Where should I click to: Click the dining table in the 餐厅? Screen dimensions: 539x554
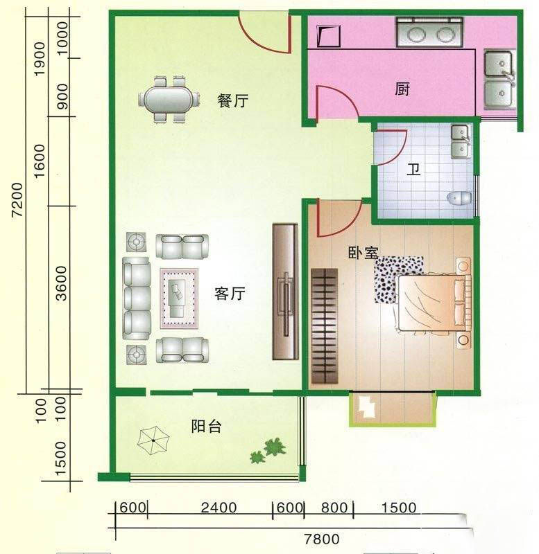pyautogui.click(x=169, y=100)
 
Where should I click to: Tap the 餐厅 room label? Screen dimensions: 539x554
pyautogui.click(x=232, y=100)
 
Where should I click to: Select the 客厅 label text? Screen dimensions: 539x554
pyautogui.click(x=230, y=293)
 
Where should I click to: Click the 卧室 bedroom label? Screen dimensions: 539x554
pyautogui.click(x=363, y=252)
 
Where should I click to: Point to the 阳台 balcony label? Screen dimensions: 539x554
pyautogui.click(x=206, y=426)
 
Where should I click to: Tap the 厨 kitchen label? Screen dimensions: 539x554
pyautogui.click(x=402, y=89)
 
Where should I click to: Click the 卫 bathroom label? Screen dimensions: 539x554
pyautogui.click(x=413, y=169)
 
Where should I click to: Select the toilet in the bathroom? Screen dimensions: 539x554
pyautogui.click(x=459, y=198)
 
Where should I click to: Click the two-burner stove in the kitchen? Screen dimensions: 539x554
pyautogui.click(x=429, y=33)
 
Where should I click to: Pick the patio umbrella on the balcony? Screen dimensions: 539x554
pyautogui.click(x=153, y=440)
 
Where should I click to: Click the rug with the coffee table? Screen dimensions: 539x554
pyautogui.click(x=179, y=298)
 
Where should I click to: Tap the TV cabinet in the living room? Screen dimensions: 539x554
pyautogui.click(x=285, y=292)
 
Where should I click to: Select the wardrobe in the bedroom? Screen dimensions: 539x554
pyautogui.click(x=324, y=325)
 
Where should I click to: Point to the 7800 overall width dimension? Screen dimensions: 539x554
pyautogui.click(x=322, y=539)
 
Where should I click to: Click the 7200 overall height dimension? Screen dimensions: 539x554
pyautogui.click(x=17, y=199)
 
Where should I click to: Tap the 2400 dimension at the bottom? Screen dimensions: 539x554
pyautogui.click(x=219, y=508)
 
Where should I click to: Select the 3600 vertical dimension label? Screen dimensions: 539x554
pyautogui.click(x=61, y=283)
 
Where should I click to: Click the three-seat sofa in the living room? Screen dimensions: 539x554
pyautogui.click(x=137, y=298)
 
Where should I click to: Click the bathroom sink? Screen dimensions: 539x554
pyautogui.click(x=461, y=142)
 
